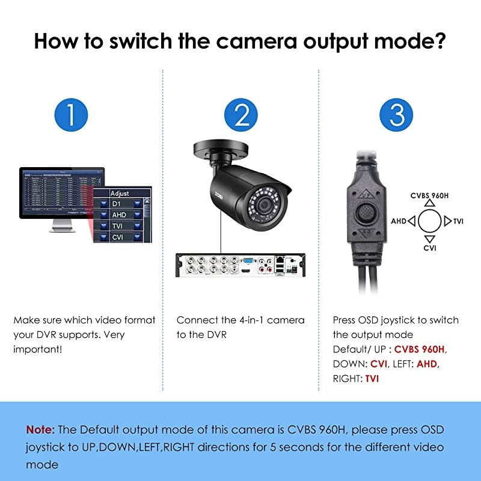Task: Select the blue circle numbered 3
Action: [x=396, y=114]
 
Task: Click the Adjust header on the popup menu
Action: [x=120, y=194]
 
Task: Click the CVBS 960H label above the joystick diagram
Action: [x=430, y=196]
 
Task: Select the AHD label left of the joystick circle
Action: [x=399, y=221]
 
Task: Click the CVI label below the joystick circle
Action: [x=430, y=247]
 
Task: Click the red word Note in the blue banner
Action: [x=40, y=430]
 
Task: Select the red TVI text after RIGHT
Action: [x=372, y=379]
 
